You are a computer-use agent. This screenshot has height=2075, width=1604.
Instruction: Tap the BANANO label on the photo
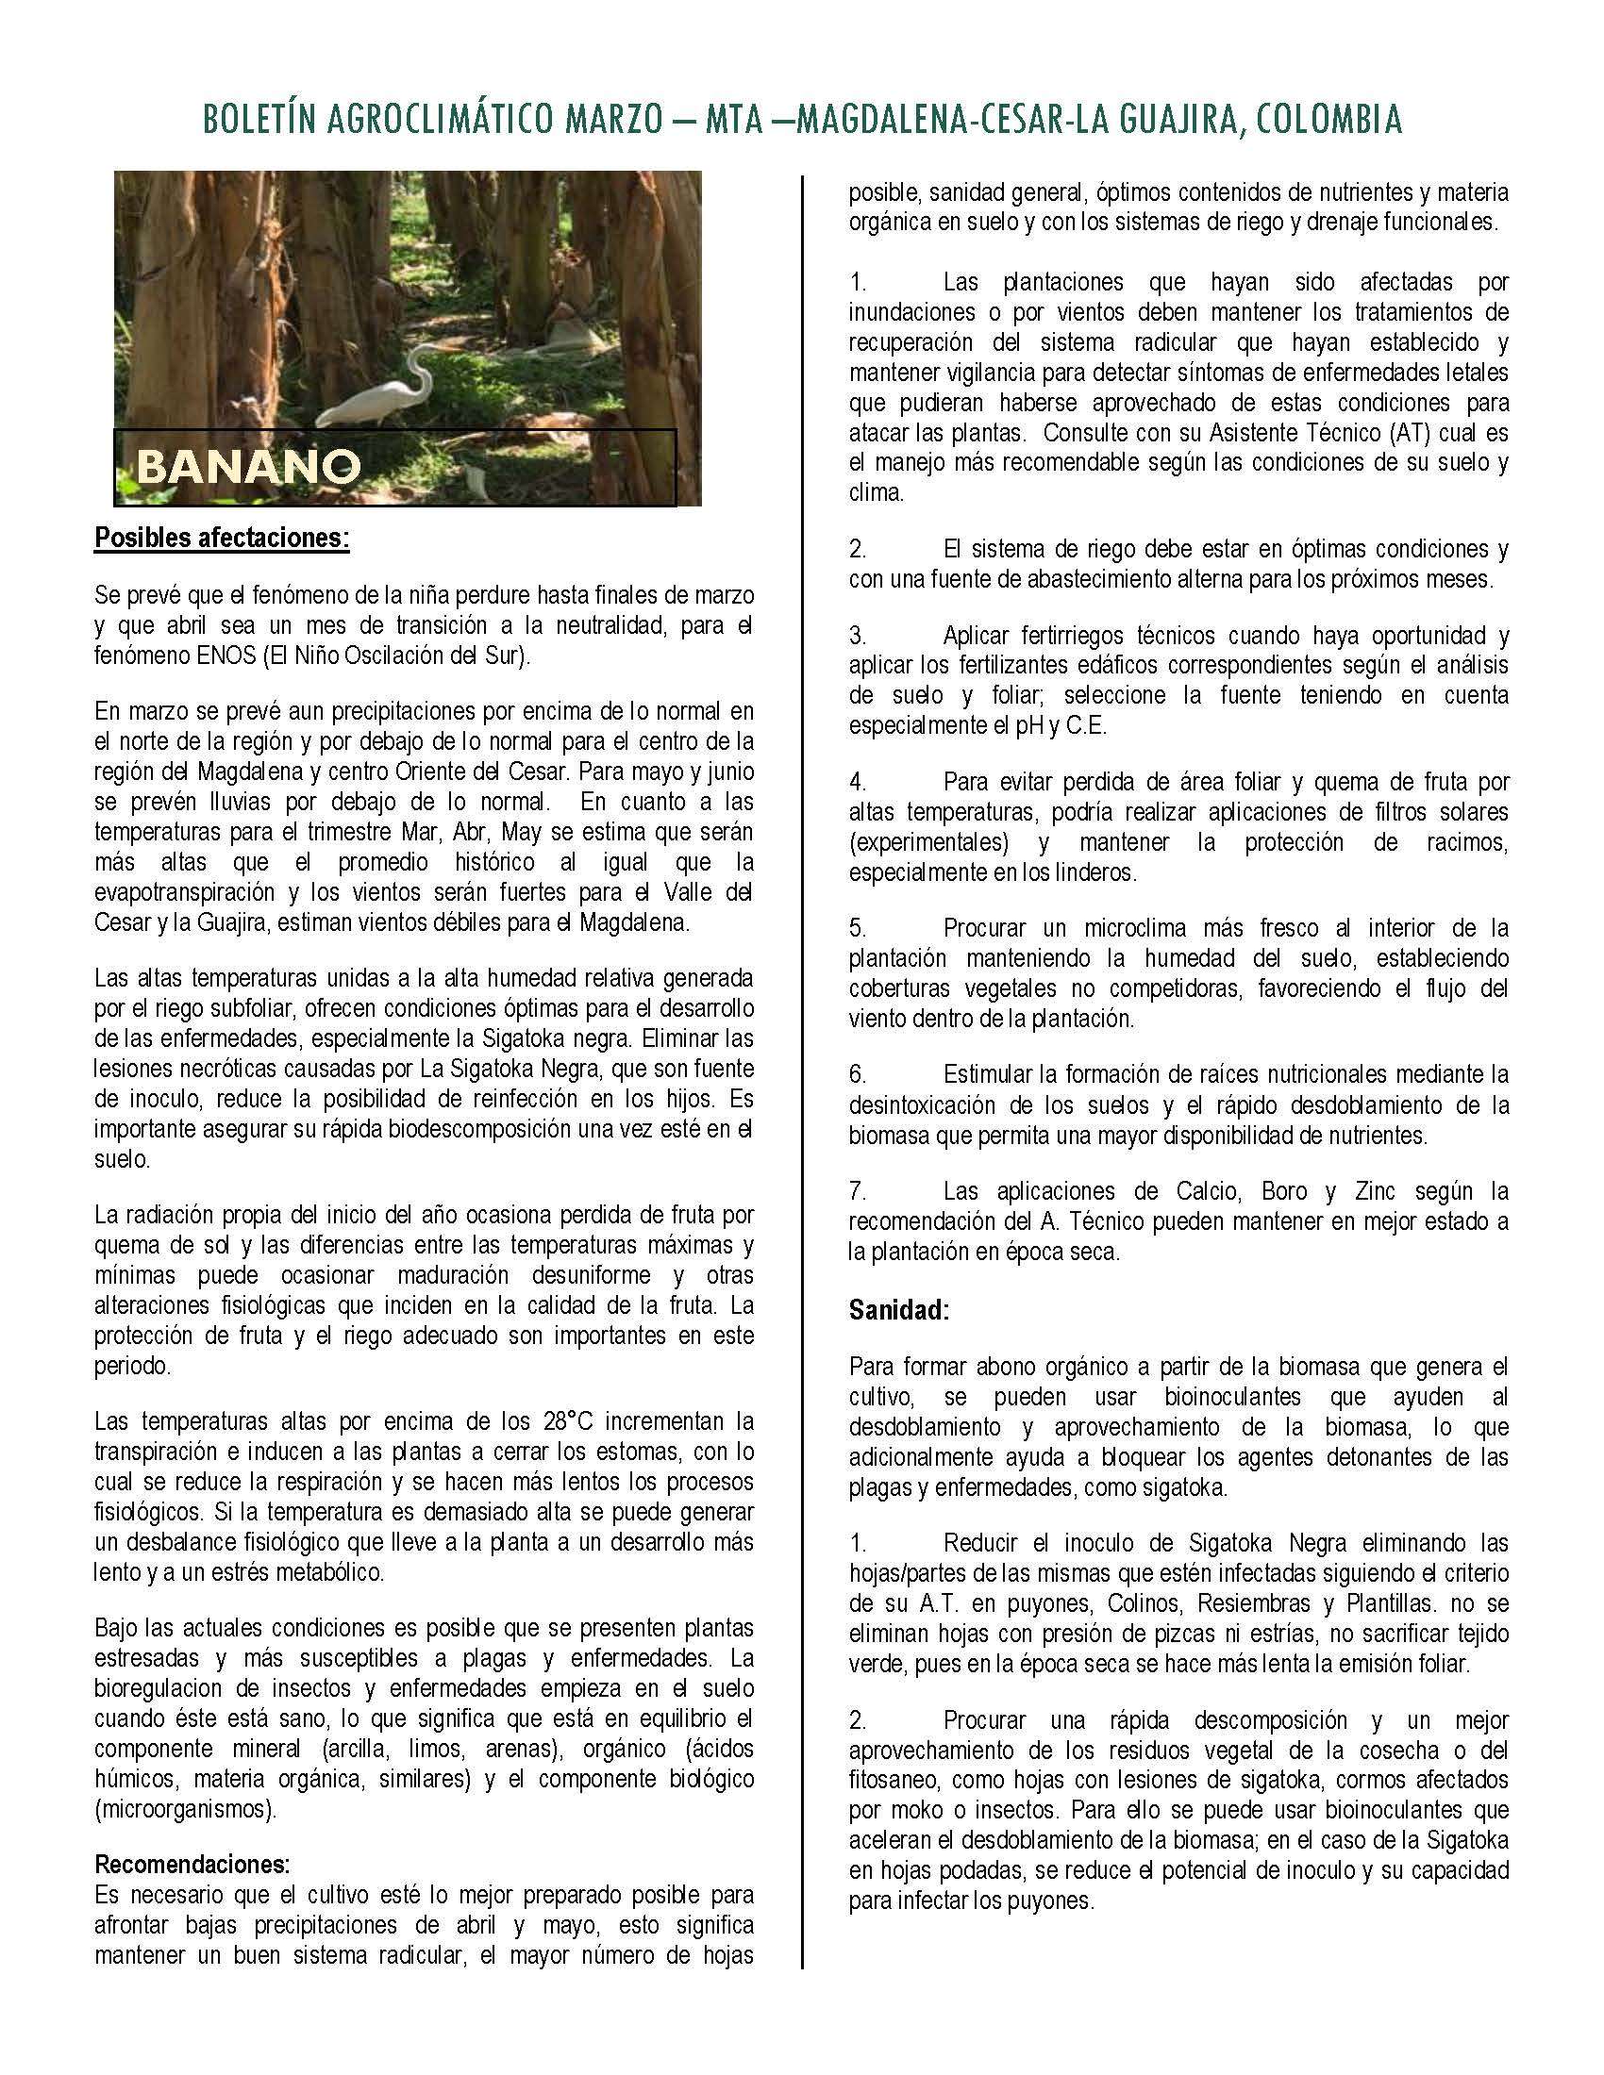248,466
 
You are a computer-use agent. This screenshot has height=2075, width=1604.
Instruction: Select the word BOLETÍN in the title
256,120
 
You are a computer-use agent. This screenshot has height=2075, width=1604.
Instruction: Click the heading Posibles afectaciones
223,539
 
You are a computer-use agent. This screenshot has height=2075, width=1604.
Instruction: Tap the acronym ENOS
221,657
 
